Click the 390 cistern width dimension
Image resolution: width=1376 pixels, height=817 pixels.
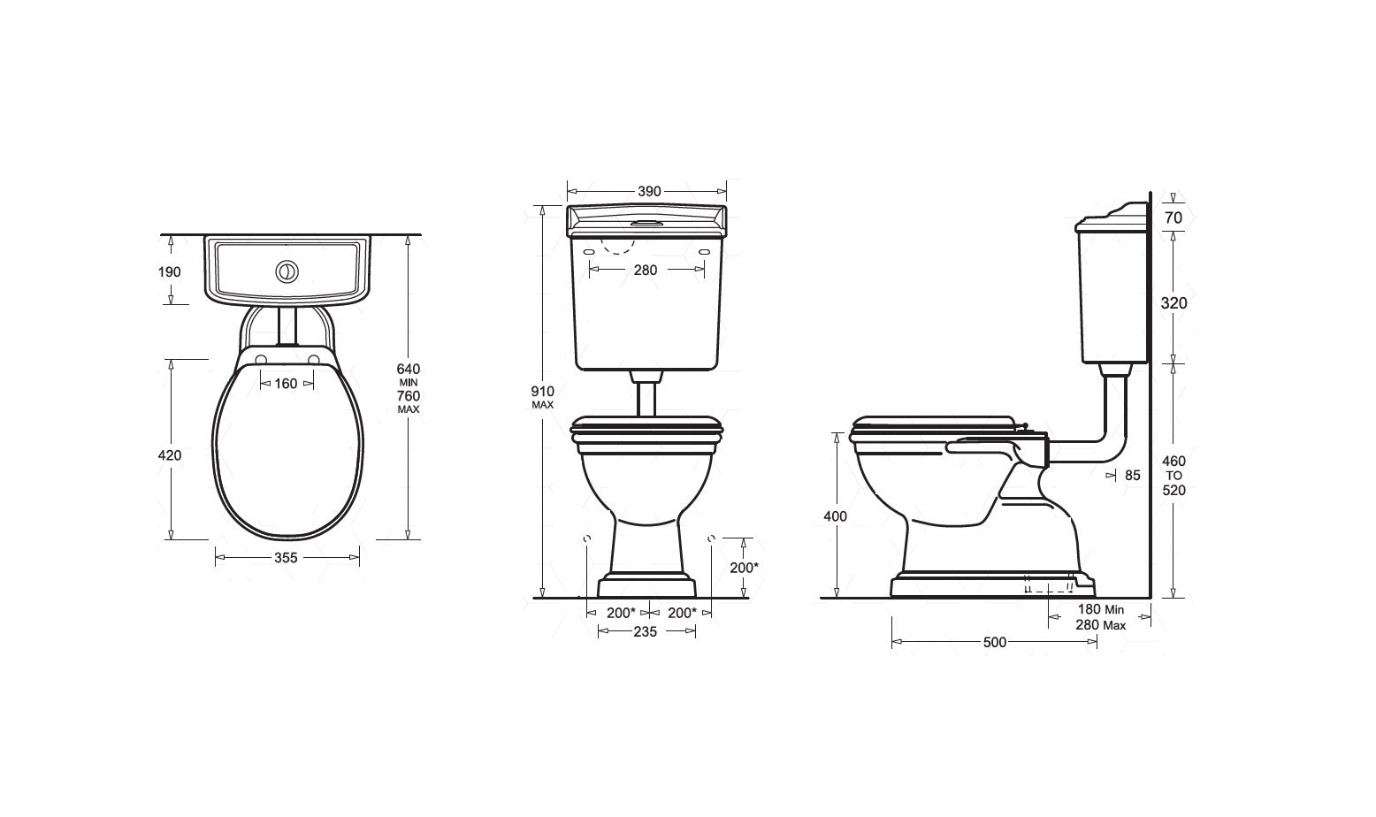(649, 191)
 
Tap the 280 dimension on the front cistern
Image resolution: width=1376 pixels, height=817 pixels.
(645, 270)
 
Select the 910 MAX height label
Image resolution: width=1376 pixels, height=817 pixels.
(542, 397)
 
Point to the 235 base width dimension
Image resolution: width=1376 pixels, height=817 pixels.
(645, 631)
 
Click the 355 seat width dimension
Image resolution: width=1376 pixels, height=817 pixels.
(286, 558)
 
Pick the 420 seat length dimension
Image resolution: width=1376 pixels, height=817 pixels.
(170, 455)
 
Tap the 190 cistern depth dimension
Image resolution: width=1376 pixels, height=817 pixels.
(170, 272)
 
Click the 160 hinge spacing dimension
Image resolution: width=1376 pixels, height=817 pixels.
(286, 384)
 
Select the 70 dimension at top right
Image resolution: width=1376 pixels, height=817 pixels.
(1173, 218)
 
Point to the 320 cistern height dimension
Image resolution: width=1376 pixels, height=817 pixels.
(1173, 303)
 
